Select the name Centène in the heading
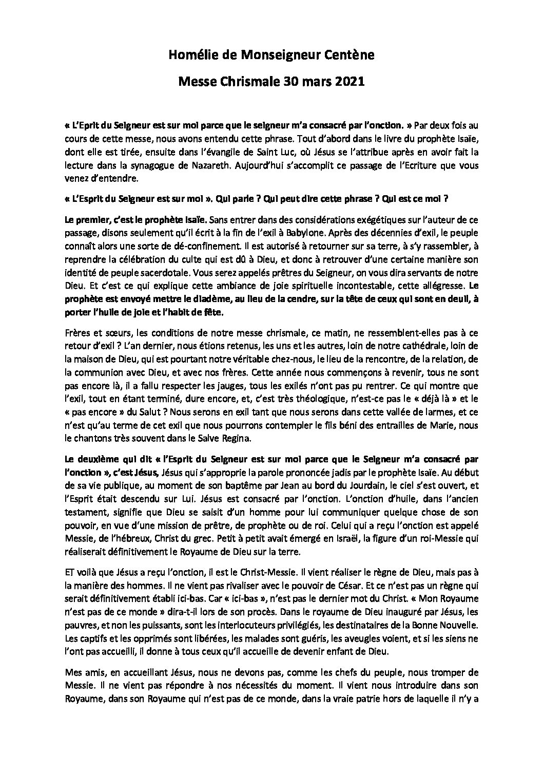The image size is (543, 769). pos(350,57)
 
